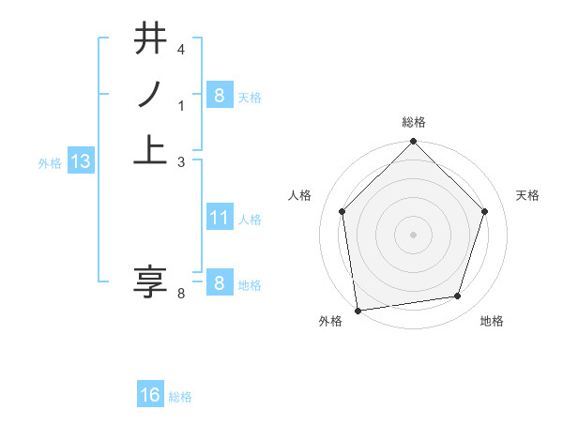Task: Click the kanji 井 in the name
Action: click(152, 40)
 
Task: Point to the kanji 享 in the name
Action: click(151, 281)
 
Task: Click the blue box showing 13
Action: click(81, 161)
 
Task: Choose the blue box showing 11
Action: click(219, 218)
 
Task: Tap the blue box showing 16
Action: click(150, 395)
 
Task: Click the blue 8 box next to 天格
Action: click(219, 96)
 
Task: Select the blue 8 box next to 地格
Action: click(219, 284)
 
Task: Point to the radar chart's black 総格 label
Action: click(414, 122)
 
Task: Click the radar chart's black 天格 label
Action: click(528, 195)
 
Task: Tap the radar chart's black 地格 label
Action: click(492, 321)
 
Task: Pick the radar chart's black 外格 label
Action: click(330, 321)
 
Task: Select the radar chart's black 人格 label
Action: click(300, 195)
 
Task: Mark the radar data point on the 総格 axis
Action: click(413, 143)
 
